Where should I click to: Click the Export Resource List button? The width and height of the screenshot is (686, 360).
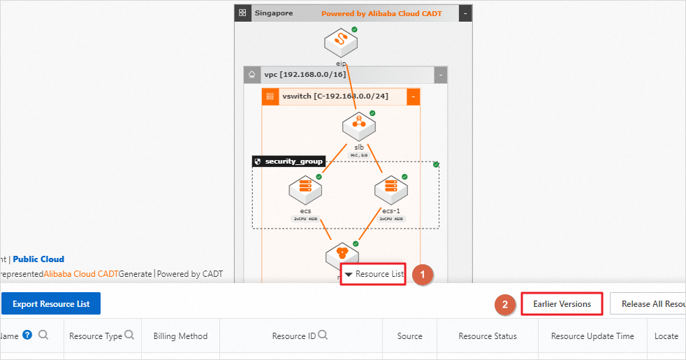click(x=51, y=304)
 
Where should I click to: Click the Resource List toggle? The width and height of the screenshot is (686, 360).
click(x=374, y=274)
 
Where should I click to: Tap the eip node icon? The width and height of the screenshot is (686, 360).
click(x=341, y=43)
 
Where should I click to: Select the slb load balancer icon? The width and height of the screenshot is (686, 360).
click(x=359, y=127)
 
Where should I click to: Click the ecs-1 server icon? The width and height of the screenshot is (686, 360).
click(x=391, y=190)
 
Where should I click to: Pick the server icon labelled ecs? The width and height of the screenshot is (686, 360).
click(x=305, y=190)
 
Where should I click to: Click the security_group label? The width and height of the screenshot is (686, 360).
click(x=293, y=161)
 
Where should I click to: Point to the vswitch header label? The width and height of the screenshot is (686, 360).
click(x=335, y=96)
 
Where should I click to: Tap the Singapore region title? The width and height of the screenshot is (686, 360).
click(x=273, y=13)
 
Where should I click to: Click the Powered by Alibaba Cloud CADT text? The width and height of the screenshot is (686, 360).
click(x=381, y=13)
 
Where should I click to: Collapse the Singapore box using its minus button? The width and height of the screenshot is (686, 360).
click(x=466, y=13)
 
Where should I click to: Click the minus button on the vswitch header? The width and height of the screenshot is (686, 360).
click(x=413, y=96)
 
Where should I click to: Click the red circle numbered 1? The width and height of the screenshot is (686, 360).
click(x=423, y=275)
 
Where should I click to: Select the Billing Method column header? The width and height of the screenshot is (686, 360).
click(x=180, y=336)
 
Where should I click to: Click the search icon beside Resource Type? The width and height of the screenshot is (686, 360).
click(x=129, y=336)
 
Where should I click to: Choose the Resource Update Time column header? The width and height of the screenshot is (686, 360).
click(x=592, y=336)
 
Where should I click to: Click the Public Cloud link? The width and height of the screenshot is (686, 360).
click(x=38, y=259)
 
